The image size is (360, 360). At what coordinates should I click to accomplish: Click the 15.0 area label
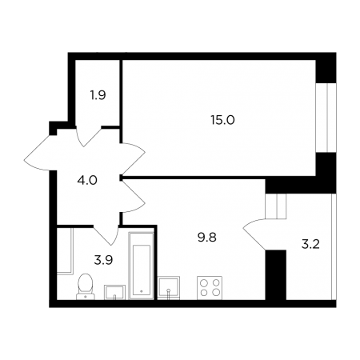coord(222,120)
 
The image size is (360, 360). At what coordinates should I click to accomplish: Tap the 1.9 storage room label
coord(98,95)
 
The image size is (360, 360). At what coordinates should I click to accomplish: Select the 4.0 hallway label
coord(87,181)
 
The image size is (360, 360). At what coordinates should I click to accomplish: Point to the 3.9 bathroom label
coord(103,260)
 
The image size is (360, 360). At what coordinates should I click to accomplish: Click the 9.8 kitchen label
coord(207,238)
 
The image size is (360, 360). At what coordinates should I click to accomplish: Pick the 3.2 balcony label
coord(310,244)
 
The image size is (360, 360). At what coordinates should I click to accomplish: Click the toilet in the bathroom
coord(86,286)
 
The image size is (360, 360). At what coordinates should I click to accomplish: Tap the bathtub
coord(142,266)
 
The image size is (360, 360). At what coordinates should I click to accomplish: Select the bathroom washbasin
coord(114,292)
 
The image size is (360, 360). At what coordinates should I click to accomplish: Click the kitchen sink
coord(169,288)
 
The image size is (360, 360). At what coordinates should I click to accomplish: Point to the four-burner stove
coord(210,288)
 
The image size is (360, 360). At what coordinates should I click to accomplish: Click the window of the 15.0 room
coord(326,118)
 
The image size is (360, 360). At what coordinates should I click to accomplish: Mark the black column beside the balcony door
coord(276,275)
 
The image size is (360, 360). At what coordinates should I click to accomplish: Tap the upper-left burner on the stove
coord(204,282)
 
